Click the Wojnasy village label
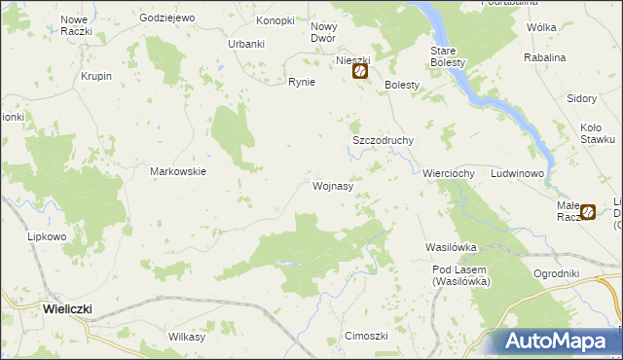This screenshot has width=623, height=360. click(x=332, y=184)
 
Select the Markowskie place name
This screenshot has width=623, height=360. click(x=178, y=171)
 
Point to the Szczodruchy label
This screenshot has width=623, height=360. click(x=383, y=140)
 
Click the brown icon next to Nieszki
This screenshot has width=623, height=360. click(x=359, y=71)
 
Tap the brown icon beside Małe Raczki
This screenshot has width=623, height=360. click(x=588, y=211)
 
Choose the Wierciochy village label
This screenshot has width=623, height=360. click(x=448, y=173)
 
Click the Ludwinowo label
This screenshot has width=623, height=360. click(x=518, y=173)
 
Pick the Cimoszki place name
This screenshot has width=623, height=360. click(x=367, y=336)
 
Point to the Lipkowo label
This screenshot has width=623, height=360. click(x=47, y=236)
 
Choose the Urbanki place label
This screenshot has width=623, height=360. click(x=246, y=44)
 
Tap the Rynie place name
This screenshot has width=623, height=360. click(x=301, y=82)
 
